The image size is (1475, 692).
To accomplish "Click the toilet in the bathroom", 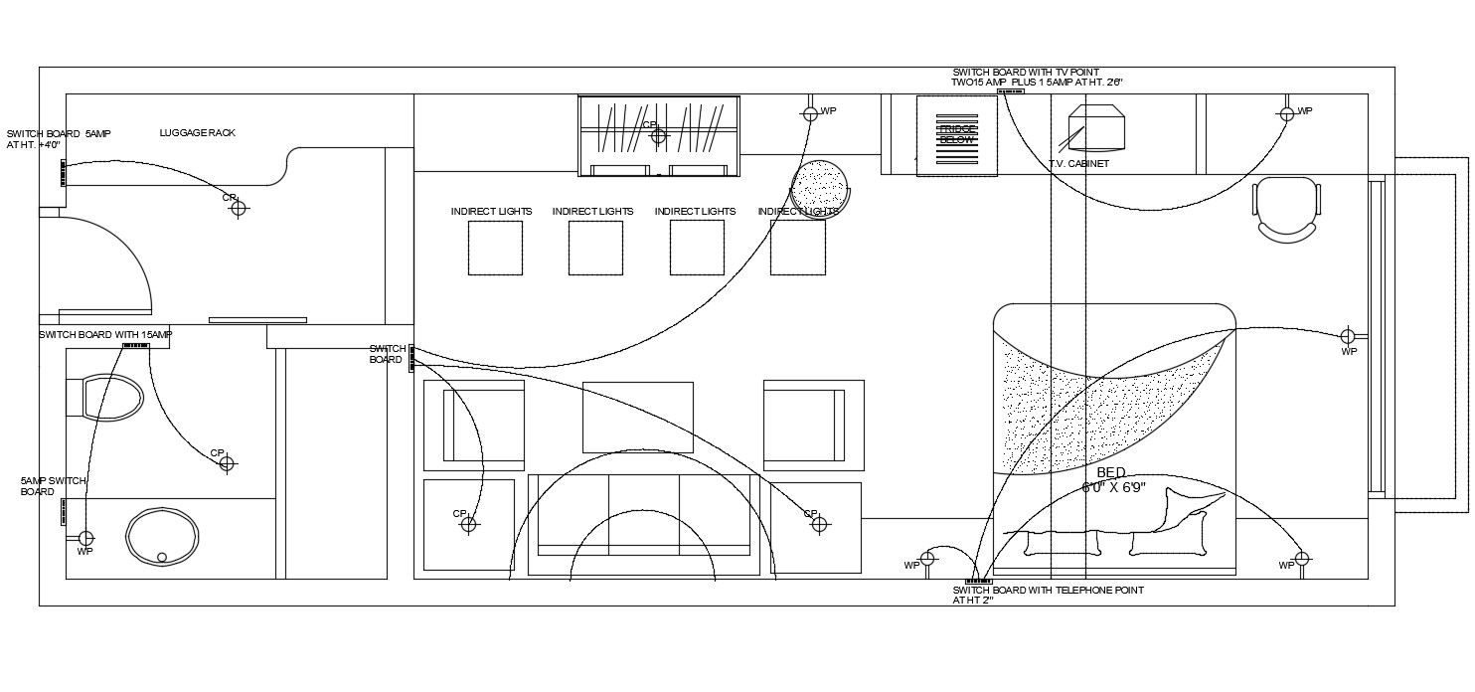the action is [x=106, y=398].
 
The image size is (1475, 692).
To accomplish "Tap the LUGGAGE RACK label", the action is [x=197, y=132].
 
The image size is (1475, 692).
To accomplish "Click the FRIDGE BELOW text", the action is [x=957, y=134].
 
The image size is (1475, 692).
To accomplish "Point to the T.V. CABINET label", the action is [x=1078, y=164].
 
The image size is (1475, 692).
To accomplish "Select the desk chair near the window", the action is [x=1287, y=208].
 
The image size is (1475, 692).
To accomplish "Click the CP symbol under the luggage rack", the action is [x=239, y=208].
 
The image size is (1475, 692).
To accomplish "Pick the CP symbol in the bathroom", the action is [x=227, y=463].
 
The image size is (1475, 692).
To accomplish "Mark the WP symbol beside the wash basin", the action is [x=85, y=538].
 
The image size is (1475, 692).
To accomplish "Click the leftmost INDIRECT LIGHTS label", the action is [x=491, y=212].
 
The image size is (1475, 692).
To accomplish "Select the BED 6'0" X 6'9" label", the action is [x=1113, y=480].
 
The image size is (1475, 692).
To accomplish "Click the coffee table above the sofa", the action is [x=637, y=417].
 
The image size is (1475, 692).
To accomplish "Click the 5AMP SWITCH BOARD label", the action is [x=53, y=486].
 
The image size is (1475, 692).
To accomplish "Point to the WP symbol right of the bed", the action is [x=1349, y=336].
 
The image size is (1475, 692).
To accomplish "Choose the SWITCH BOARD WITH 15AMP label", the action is [x=105, y=335].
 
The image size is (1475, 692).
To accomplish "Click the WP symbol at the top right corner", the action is [x=1287, y=114].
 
